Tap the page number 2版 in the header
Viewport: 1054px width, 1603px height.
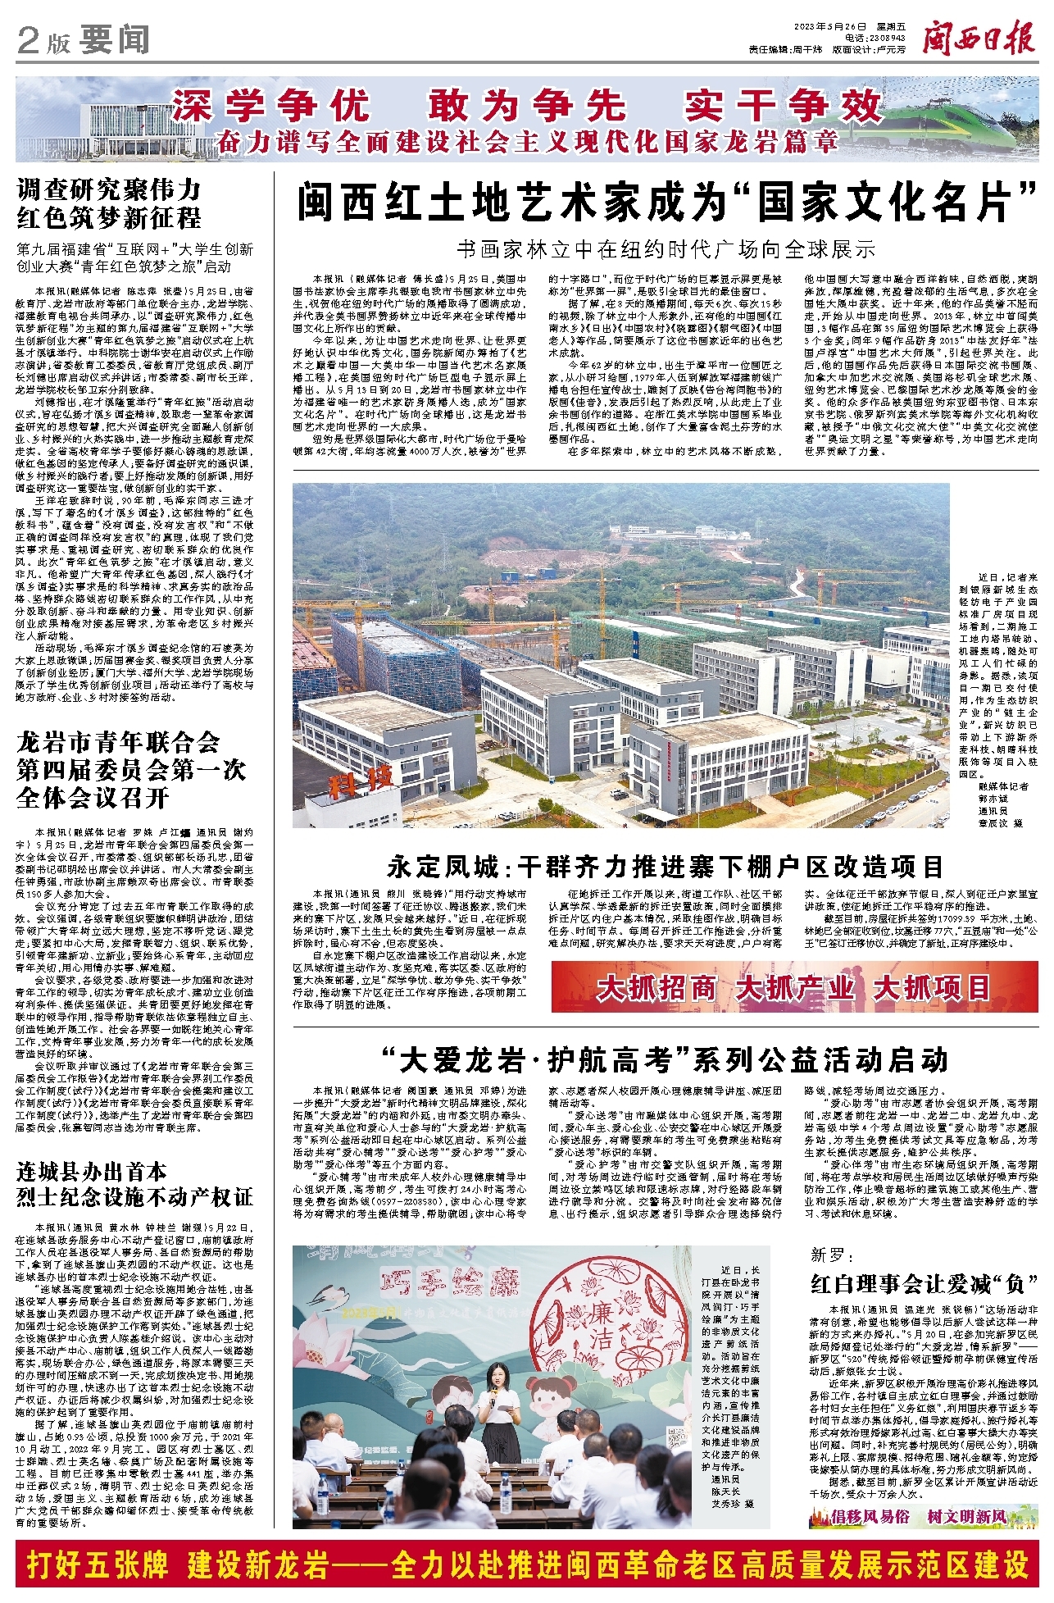click(x=43, y=42)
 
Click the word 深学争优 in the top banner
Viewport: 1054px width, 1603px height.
click(x=271, y=106)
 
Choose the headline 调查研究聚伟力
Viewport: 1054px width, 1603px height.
click(x=109, y=191)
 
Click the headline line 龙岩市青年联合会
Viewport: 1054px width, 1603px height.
click(x=119, y=743)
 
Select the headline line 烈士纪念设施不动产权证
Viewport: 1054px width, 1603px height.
click(x=134, y=1198)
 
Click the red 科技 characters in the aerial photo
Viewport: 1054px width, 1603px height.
click(x=361, y=779)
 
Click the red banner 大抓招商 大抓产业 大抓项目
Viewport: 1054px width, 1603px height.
click(x=794, y=988)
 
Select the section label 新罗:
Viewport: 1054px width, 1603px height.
click(x=832, y=1255)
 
